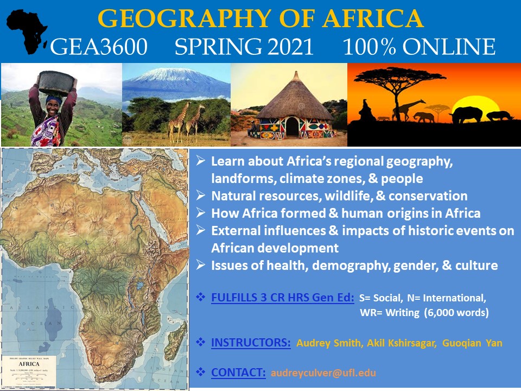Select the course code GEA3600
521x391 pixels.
point(98,47)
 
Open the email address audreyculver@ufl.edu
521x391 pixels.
point(323,373)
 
